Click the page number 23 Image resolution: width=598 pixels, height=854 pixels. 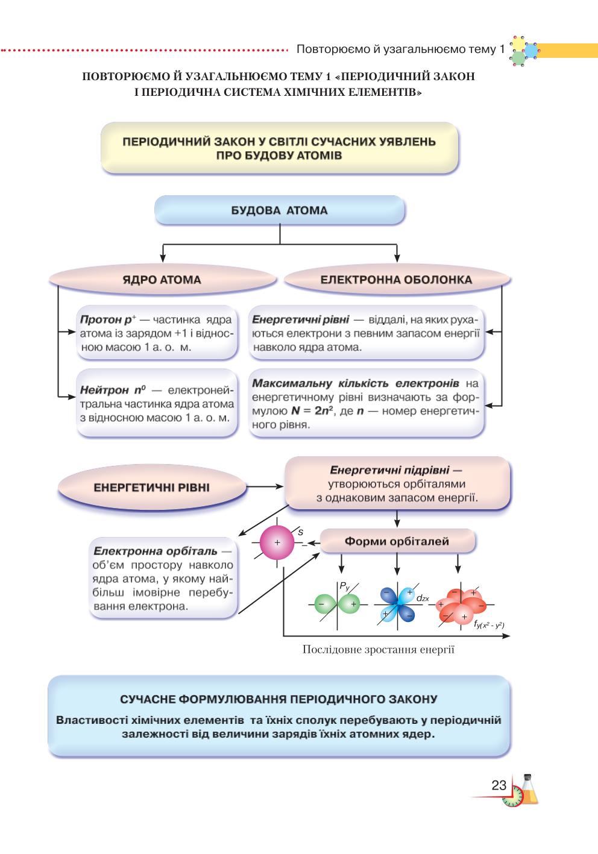[x=499, y=785]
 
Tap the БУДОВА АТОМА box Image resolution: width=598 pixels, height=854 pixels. [x=280, y=210]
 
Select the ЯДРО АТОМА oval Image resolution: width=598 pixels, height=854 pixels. [x=163, y=280]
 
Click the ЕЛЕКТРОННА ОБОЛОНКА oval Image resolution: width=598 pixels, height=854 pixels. [x=397, y=280]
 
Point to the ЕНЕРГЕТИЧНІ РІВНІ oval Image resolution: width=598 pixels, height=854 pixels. [x=152, y=487]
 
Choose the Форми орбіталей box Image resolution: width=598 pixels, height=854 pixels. [x=397, y=541]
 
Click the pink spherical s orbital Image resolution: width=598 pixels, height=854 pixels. [x=277, y=542]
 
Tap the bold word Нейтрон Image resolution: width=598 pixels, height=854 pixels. [x=104, y=390]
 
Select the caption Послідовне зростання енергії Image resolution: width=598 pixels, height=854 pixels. [x=379, y=649]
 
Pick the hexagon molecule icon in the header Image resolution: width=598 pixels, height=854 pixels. [x=524, y=51]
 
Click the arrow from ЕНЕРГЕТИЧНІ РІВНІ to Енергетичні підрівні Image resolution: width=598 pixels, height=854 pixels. [x=265, y=486]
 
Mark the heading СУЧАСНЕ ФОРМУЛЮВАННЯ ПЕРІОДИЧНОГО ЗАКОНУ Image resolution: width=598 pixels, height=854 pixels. [x=279, y=699]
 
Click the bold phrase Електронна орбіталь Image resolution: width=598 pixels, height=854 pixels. [x=155, y=551]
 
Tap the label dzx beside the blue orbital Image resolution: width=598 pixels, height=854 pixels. [x=423, y=598]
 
